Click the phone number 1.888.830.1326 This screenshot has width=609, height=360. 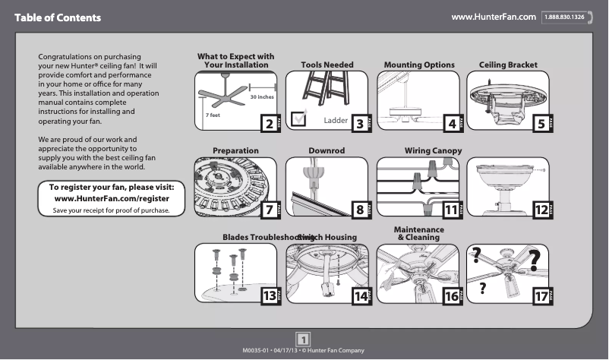tap(563, 17)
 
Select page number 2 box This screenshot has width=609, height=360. tap(267, 123)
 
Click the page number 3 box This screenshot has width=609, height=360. tap(358, 123)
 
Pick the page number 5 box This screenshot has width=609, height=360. tap(541, 123)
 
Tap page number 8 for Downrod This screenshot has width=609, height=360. tap(358, 208)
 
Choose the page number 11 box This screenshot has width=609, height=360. tap(451, 208)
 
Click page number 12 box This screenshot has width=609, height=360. tap(541, 208)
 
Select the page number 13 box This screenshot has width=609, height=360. tap(267, 295)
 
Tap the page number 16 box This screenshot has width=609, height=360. tap(451, 295)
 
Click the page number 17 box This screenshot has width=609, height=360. tap(541, 295)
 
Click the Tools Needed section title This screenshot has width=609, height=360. tap(327, 65)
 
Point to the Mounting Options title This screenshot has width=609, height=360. tap(419, 65)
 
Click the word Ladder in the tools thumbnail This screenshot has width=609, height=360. tap(335, 121)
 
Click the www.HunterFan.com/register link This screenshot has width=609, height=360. tap(112, 198)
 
